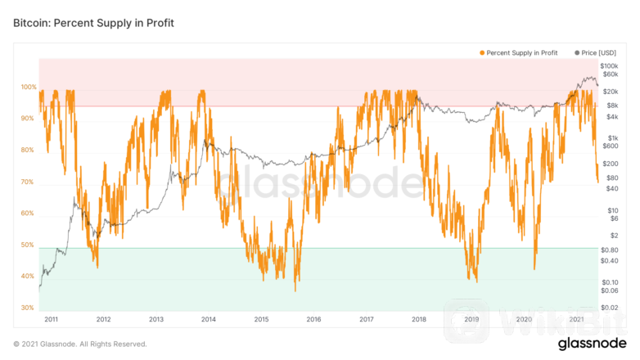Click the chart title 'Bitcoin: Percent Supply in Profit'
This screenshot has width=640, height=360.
click(x=93, y=23)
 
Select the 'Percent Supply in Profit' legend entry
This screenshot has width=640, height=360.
click(x=522, y=52)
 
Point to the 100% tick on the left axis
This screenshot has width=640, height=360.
click(x=29, y=88)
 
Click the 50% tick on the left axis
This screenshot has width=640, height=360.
click(x=27, y=245)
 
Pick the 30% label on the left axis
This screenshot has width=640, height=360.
click(x=27, y=308)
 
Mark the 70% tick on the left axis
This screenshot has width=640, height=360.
click(x=27, y=182)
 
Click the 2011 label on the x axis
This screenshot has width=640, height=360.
click(x=51, y=320)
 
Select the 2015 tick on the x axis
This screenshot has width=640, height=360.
click(x=261, y=320)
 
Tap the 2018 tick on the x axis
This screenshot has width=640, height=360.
click(x=418, y=320)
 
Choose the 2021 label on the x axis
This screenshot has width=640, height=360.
click(x=576, y=320)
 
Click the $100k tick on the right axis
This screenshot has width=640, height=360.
click(x=609, y=65)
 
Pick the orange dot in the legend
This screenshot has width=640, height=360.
click(x=482, y=52)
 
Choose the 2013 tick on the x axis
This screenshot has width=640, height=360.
click(x=156, y=320)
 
